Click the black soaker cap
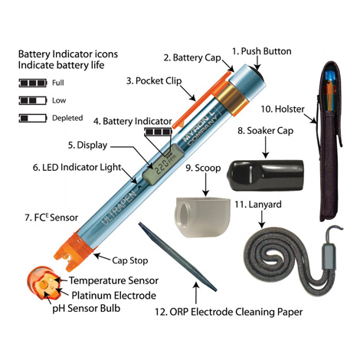[x=265, y=175]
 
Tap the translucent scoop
[x=202, y=217]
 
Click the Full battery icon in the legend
[x=33, y=83]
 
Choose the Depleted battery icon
[x=33, y=118]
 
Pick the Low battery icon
[x=33, y=100]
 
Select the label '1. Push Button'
[x=262, y=51]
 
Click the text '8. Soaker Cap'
[x=265, y=131]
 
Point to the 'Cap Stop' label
[x=130, y=260]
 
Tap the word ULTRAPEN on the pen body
[x=119, y=208]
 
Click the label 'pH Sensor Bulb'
[x=87, y=309]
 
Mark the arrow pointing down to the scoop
[x=205, y=185]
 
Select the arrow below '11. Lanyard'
[x=261, y=219]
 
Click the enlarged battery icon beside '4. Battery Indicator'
[x=159, y=132]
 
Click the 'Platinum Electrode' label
[x=114, y=296]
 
